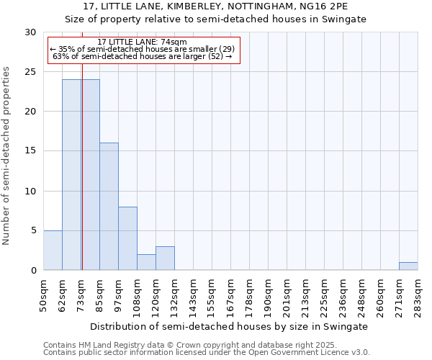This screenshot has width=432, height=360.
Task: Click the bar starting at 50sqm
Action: [53, 250]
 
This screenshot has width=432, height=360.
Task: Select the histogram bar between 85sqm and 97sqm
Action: [109, 207]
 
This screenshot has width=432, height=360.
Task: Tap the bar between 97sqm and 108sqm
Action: [127, 238]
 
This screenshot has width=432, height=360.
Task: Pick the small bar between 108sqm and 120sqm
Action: [146, 262]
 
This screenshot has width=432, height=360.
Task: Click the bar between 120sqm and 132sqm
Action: [165, 258]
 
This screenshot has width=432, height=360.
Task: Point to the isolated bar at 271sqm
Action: [408, 266]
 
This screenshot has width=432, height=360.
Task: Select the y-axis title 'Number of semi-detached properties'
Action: [7, 156]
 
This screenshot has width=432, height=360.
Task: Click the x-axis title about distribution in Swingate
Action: [230, 326]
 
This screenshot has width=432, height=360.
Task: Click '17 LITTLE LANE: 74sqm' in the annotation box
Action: [142, 42]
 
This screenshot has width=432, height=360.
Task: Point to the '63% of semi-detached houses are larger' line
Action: [143, 56]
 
